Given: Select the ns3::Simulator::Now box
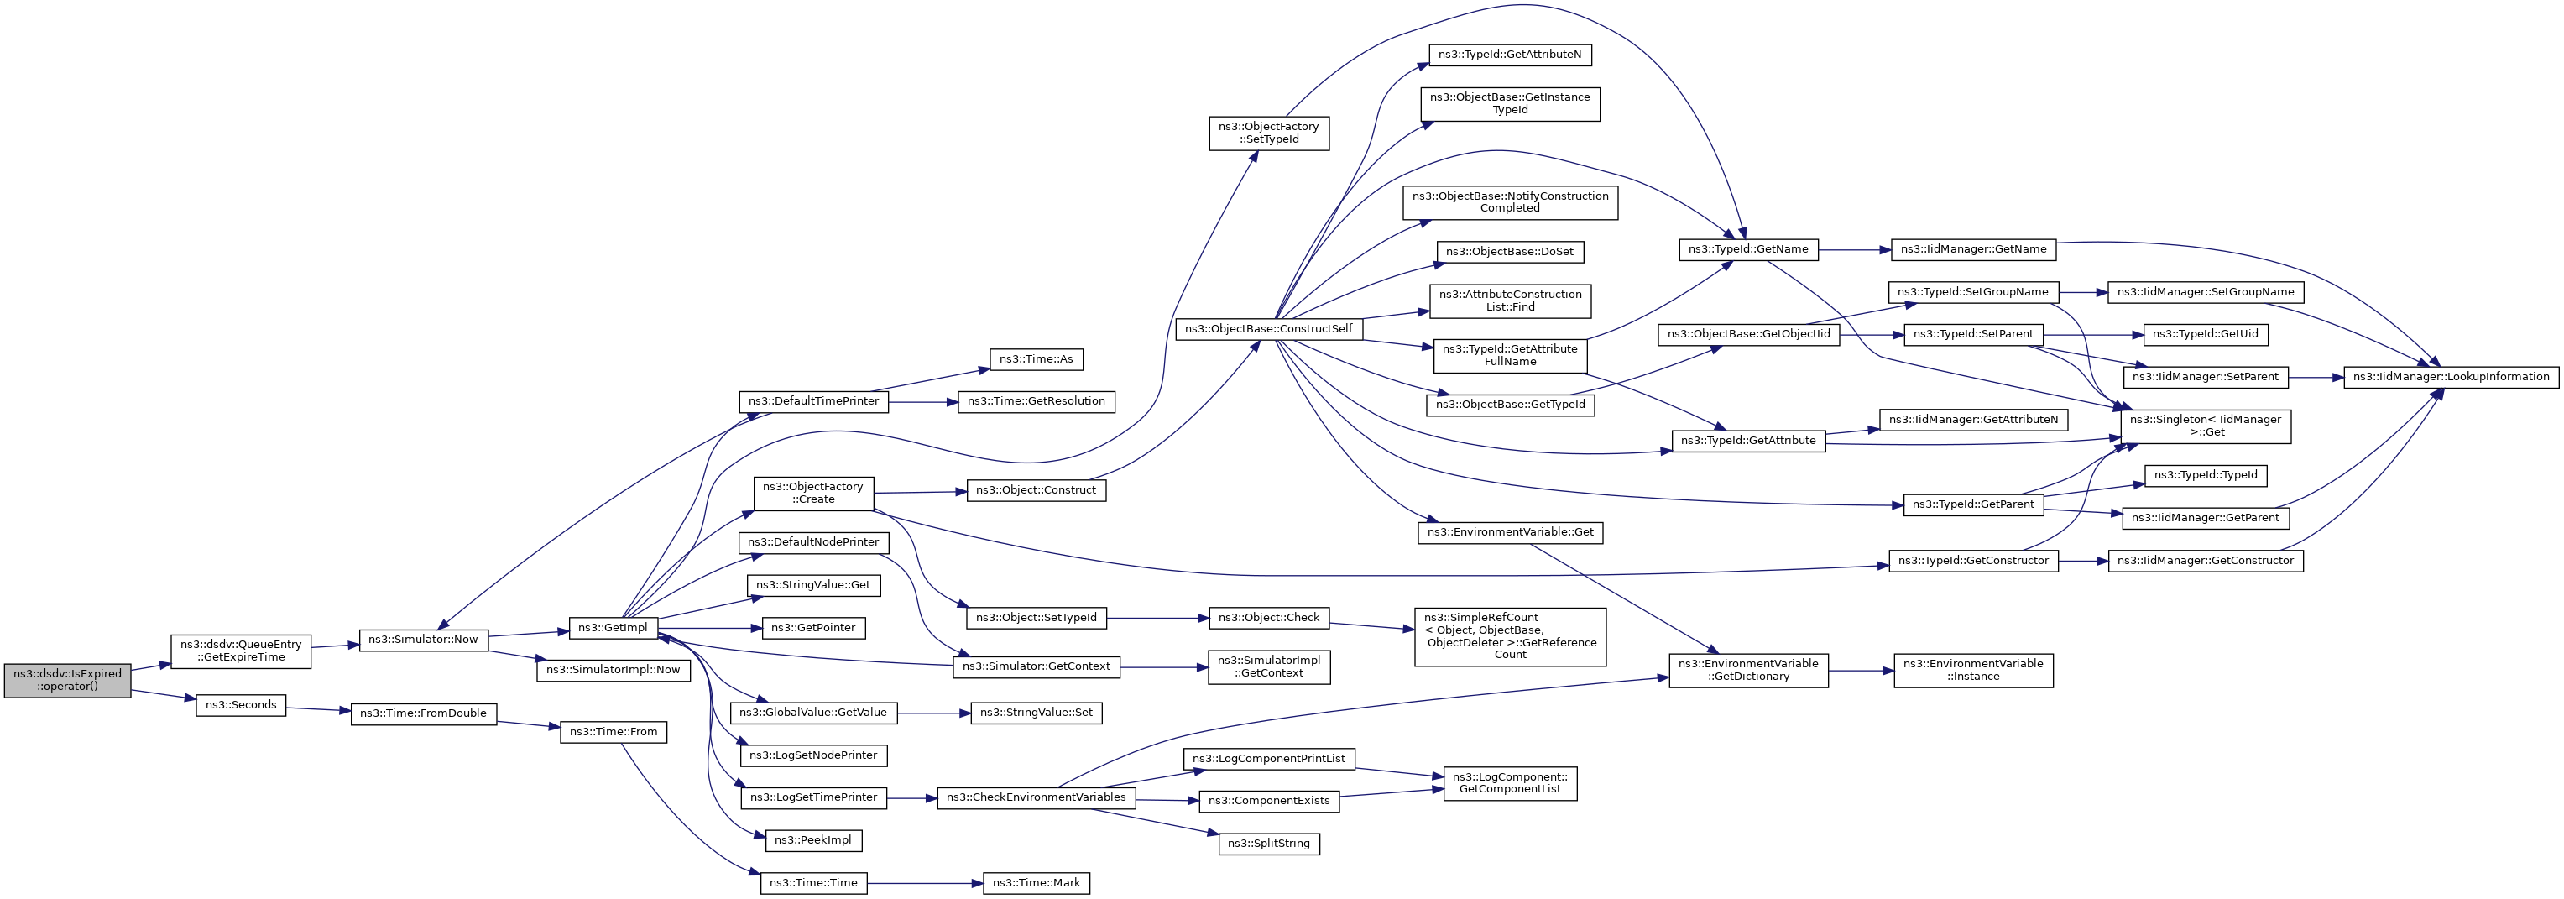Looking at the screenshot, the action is pos(423,639).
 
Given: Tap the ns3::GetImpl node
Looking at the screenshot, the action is pos(614,628).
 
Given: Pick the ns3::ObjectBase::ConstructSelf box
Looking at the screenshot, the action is pos(1268,328).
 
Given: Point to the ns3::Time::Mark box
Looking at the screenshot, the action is pos(1037,883).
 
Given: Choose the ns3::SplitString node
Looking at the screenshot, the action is pos(1268,844).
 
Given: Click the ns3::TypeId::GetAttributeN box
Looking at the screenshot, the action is pos(1509,55).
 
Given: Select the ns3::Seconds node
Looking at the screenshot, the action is pos(241,705).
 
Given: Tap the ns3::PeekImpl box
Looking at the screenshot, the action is pos(813,840).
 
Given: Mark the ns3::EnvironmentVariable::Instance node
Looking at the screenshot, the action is pos(1973,670).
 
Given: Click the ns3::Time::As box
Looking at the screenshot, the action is pos(1037,359).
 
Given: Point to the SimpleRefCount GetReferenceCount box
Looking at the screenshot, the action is pos(1510,636).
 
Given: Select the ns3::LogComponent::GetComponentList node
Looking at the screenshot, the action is pos(1510,783).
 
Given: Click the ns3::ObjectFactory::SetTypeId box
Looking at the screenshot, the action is pos(1269,133).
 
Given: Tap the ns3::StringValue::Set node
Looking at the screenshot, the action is pos(1037,713).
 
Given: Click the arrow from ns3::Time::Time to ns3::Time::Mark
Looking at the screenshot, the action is pos(925,883).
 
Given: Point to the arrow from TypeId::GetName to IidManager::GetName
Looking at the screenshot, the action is pos(1854,250).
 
